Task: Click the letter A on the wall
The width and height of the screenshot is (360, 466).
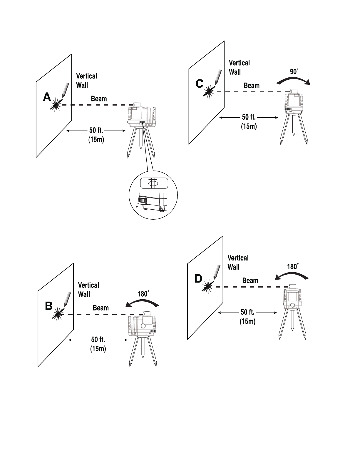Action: point(47,97)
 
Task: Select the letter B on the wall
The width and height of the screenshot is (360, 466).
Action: point(48,306)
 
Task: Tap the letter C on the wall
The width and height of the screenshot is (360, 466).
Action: point(200,84)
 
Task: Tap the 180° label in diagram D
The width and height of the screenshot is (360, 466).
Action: point(292,266)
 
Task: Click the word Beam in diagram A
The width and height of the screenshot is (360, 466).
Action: point(99,98)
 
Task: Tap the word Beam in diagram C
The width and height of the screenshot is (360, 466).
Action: point(252,86)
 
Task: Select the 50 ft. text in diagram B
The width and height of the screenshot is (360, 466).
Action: point(98,340)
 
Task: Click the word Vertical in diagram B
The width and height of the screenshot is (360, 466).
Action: point(88,285)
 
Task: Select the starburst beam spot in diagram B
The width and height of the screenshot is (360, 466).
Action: point(58,314)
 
